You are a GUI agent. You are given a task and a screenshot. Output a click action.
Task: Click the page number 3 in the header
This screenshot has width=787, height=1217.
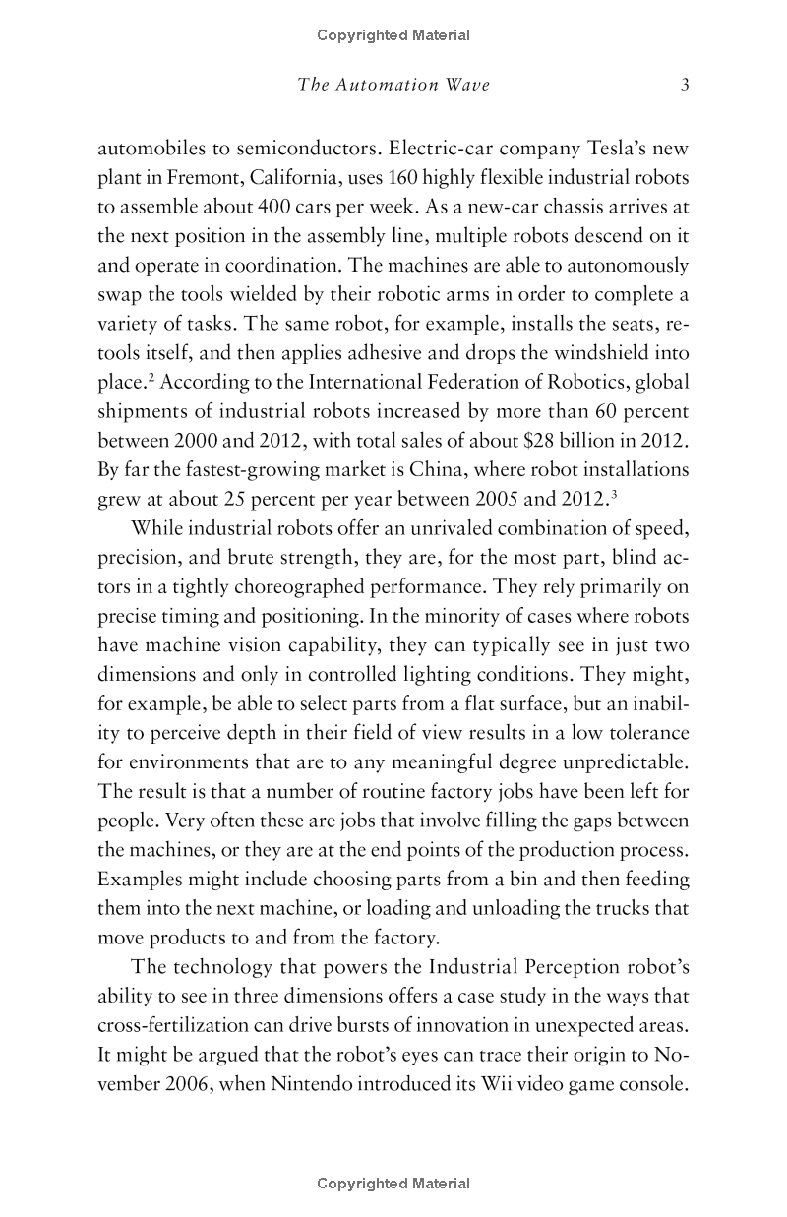(x=685, y=86)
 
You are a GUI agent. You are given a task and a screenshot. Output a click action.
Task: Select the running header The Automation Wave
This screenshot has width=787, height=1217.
(x=393, y=86)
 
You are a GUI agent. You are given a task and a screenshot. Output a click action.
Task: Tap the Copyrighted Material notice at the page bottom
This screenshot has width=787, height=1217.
(x=393, y=1184)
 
